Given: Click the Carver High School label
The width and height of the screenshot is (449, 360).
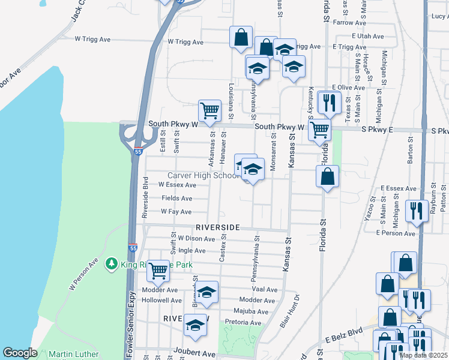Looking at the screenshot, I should click(203, 175).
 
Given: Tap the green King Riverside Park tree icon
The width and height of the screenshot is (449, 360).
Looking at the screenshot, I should click(110, 263).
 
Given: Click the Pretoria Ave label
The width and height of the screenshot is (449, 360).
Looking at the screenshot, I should click(243, 322).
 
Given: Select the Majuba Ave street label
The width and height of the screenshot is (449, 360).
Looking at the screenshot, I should click(254, 311).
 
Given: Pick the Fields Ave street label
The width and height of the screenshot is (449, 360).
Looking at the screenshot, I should click(181, 198).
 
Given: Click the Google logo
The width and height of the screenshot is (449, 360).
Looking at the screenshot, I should click(20, 353).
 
